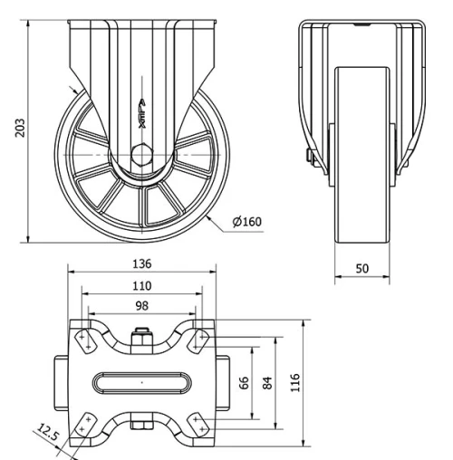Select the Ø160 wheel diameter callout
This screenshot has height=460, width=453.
pos(246,220)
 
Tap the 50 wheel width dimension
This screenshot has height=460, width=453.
pos(362,268)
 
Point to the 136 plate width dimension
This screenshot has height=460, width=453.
pos(141,264)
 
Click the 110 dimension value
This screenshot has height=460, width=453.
pos(141,285)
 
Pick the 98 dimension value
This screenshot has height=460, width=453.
pos(141,305)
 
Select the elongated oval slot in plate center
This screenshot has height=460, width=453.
pos(141,383)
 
